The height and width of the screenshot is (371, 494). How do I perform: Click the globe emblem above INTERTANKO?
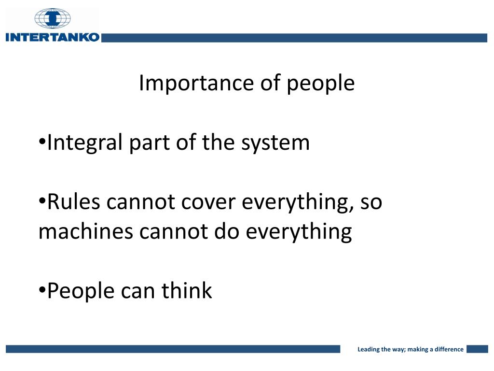[52, 18]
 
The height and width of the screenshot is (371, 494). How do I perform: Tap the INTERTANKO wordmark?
[52, 37]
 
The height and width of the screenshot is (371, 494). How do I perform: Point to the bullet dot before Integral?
[42, 143]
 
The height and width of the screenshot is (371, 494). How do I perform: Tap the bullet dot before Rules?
[42, 202]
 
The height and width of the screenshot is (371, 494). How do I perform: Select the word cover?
[209, 202]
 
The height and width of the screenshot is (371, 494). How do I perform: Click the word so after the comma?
[371, 202]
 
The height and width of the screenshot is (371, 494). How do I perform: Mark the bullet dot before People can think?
[42, 291]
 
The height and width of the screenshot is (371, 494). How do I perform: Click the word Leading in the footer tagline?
[368, 349]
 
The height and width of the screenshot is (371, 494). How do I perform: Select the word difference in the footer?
[449, 349]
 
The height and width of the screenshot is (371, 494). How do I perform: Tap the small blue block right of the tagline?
[477, 349]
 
